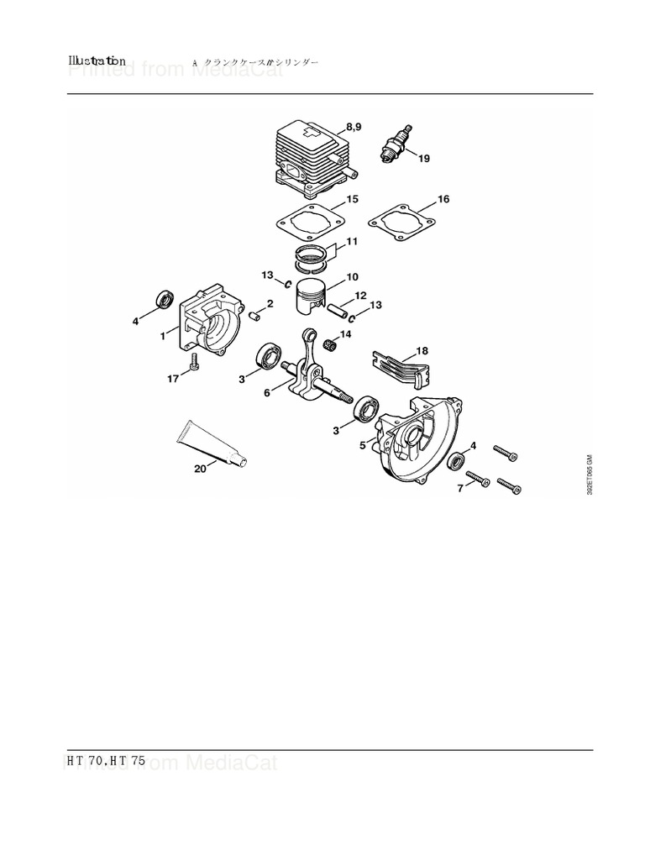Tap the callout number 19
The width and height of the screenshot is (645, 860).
pyautogui.click(x=424, y=159)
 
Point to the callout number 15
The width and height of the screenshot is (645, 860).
pyautogui.click(x=353, y=199)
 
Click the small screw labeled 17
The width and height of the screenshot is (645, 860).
pyautogui.click(x=195, y=362)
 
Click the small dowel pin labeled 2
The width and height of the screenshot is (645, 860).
pyautogui.click(x=256, y=315)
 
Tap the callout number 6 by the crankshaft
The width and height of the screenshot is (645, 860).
pyautogui.click(x=267, y=392)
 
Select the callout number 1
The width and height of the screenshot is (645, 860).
pyautogui.click(x=163, y=336)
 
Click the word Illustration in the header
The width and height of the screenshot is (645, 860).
pyautogui.click(x=97, y=61)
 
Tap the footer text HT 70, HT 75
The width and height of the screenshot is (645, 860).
pyautogui.click(x=106, y=760)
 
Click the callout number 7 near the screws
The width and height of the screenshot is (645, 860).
pyautogui.click(x=459, y=489)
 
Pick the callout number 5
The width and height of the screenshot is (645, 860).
pyautogui.click(x=363, y=445)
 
